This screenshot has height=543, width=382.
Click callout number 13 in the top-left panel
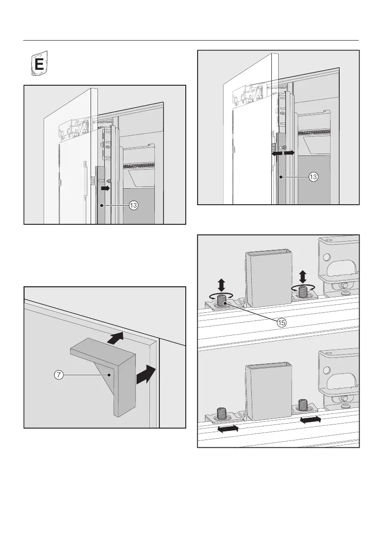(x=133, y=206)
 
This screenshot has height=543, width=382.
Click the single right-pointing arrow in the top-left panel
(x=105, y=187)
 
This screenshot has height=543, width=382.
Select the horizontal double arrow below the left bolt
(x=226, y=429)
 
